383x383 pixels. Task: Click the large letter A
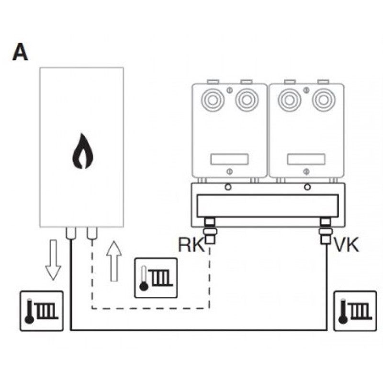tap(20, 52)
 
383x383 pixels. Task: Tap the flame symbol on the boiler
tap(83, 151)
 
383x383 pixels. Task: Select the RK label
tap(191, 245)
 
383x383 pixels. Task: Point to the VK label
tap(346, 245)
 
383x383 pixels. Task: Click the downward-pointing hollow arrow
tap(53, 260)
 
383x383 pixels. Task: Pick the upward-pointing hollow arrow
tap(114, 261)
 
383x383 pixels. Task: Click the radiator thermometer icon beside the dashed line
tap(156, 278)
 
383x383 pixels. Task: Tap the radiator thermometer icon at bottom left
tap(42, 311)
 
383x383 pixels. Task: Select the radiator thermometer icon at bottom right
tap(355, 311)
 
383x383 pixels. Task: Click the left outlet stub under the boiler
tap(71, 233)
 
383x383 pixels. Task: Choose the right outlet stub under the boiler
tap(92, 233)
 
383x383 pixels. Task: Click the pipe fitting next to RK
tap(210, 231)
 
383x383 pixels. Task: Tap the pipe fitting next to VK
tap(326, 231)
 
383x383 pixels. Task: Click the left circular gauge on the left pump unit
tap(213, 100)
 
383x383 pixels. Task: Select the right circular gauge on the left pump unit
tap(247, 100)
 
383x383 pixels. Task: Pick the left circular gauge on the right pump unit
tap(290, 100)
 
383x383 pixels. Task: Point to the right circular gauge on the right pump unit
tap(324, 100)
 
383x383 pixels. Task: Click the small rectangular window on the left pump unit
tap(229, 159)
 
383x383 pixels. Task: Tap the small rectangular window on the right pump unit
tap(306, 159)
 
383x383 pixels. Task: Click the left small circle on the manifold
tap(228, 187)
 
